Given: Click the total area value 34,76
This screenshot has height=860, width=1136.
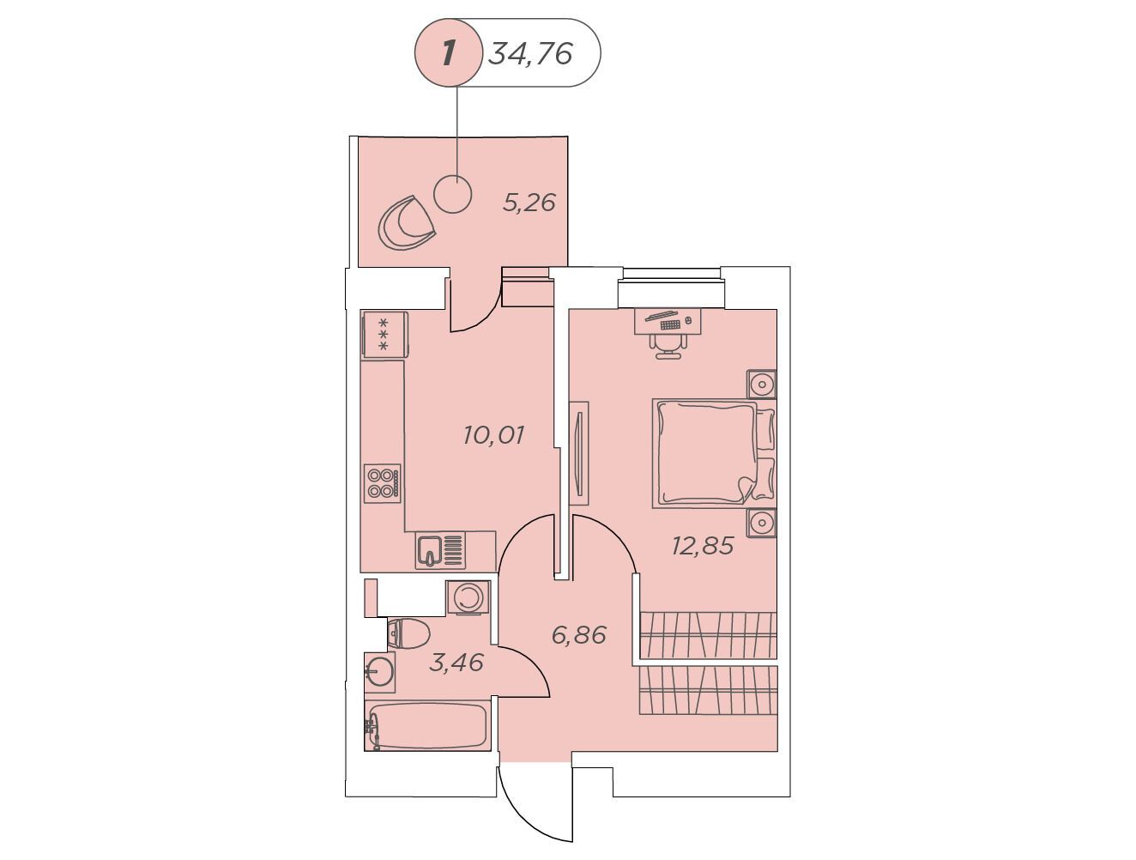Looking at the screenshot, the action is coord(530,53).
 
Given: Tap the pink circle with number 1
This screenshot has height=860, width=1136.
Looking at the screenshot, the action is coord(448,53).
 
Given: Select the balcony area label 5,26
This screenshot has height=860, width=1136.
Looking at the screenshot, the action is coord(529,203).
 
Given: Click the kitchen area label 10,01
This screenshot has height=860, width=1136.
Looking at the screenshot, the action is coord(493,435).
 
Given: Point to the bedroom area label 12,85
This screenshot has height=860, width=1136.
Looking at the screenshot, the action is coord(703,545).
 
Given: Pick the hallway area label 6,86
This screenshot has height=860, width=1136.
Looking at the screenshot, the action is coord(578,635).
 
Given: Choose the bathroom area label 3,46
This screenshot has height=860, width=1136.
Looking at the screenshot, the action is coord(456,663).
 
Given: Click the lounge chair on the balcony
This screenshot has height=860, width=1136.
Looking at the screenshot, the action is coord(407,223).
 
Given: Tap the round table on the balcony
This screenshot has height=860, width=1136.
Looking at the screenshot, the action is coord(453,194).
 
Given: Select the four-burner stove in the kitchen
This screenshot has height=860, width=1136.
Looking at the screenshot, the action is coord(382,483).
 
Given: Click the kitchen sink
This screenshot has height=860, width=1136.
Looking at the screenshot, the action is coord(440,550).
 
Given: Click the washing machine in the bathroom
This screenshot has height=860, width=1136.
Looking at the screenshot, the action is coord(468,597).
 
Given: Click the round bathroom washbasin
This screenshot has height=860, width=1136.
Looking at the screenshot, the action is coord(380,673).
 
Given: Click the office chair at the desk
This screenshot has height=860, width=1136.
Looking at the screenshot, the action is coord(668,345).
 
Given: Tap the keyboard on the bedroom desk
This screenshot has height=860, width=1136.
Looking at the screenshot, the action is coord(671,324).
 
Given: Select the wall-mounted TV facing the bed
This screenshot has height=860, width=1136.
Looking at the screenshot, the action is coord(580,453).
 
